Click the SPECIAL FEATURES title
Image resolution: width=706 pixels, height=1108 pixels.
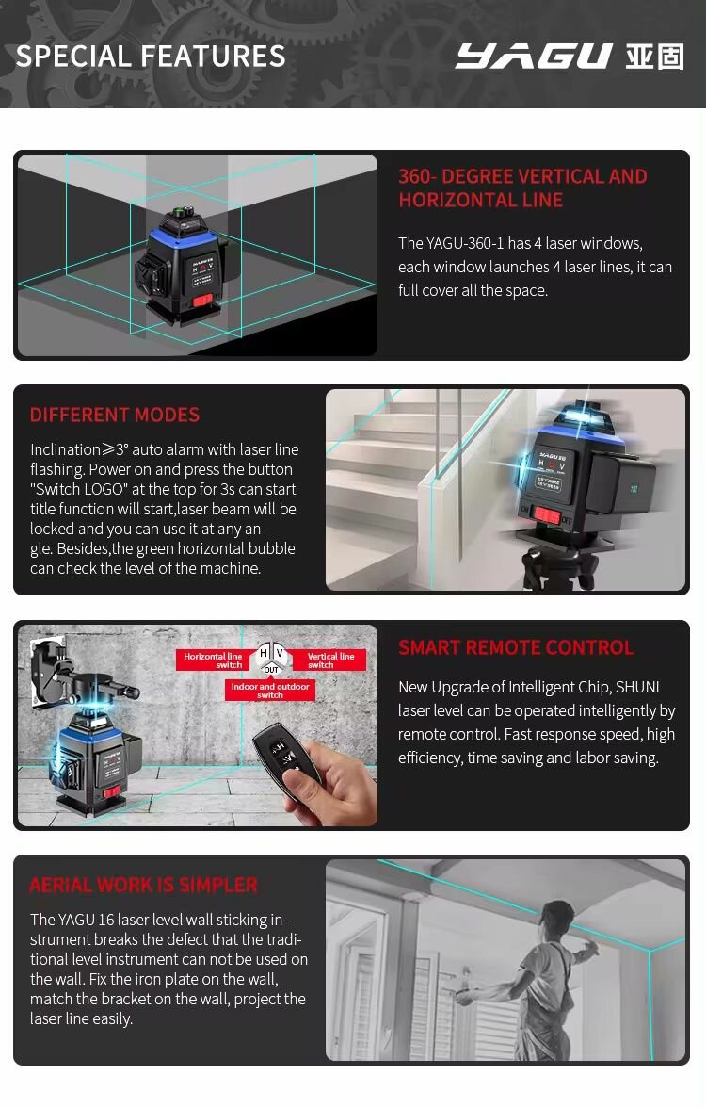point(151,57)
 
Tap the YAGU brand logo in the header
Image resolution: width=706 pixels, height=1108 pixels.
point(534,57)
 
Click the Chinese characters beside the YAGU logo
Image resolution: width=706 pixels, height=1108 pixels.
point(654,57)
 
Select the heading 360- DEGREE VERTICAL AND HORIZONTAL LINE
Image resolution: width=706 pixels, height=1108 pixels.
point(522,187)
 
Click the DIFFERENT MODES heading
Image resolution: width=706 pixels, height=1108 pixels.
point(115,415)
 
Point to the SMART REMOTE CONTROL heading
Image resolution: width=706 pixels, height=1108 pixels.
point(516,647)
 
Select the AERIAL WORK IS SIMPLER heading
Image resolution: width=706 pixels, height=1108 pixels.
point(143,885)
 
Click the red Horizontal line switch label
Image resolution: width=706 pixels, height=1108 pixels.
point(214,660)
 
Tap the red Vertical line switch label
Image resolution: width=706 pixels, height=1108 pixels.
point(330,660)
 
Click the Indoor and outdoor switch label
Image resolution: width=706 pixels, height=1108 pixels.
point(270,691)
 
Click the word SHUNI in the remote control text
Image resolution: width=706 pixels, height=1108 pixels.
point(636,687)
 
